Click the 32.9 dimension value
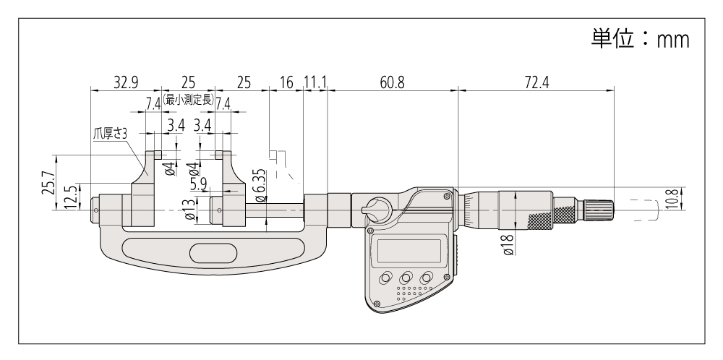(125, 82)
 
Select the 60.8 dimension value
(393, 82)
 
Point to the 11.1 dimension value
(315, 82)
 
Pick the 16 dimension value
(286, 82)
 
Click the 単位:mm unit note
(636, 40)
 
